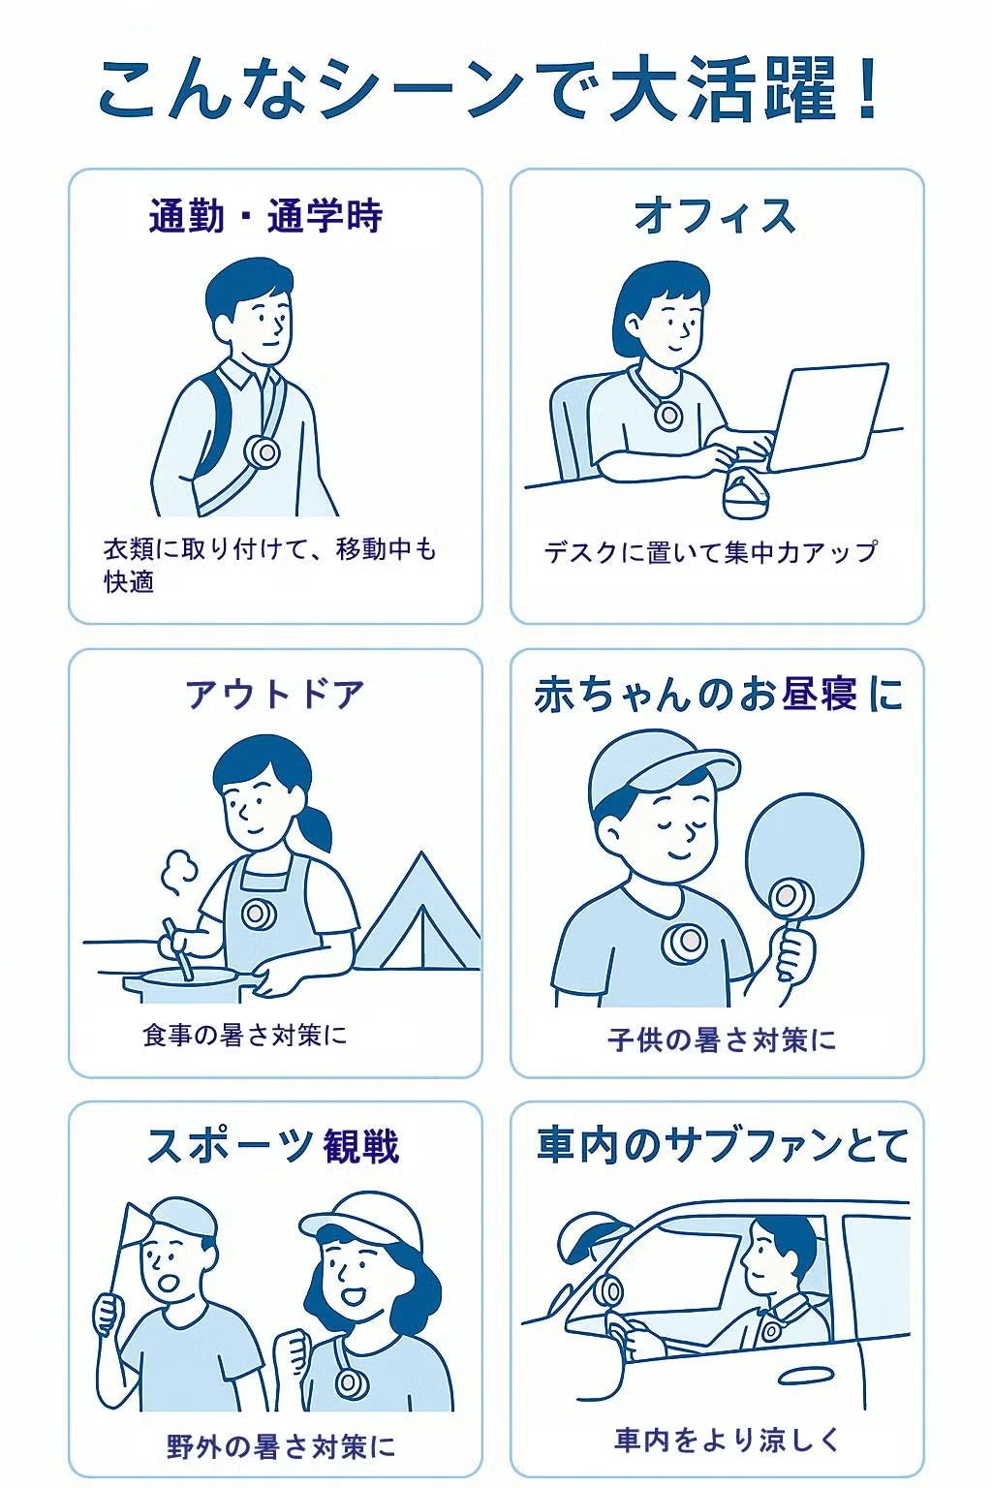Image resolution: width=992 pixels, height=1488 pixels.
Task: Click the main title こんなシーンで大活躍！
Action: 490,90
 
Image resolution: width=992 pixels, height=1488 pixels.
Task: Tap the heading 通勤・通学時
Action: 265,216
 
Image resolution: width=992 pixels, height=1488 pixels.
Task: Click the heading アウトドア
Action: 274,695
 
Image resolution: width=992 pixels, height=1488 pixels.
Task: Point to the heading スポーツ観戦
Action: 273,1146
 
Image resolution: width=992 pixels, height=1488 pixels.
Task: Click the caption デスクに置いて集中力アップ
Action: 711,552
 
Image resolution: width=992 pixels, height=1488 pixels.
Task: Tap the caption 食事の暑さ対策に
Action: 244,1035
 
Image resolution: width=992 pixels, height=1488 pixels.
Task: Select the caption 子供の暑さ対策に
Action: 722,1039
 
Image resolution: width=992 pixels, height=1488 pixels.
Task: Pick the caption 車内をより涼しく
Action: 728,1440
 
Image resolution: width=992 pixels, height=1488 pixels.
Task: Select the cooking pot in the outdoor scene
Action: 189,984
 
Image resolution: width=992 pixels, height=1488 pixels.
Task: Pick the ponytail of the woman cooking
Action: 315,823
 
